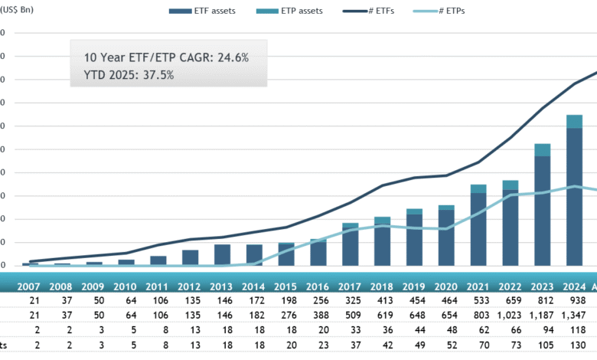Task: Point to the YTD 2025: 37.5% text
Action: [129, 75]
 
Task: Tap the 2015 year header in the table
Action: [285, 286]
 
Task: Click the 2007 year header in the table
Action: [28, 286]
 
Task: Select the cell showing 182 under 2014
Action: [253, 316]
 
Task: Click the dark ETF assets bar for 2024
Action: [574, 199]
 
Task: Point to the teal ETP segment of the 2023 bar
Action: [542, 150]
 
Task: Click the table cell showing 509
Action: [349, 316]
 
